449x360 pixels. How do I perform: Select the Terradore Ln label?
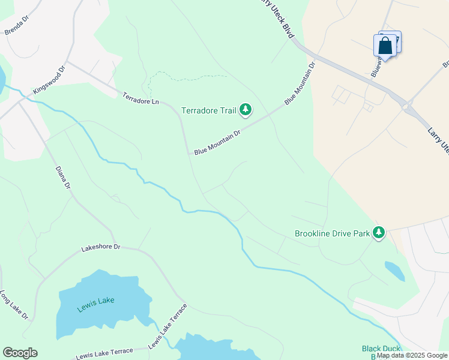140,98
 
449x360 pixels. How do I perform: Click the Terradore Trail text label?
209,110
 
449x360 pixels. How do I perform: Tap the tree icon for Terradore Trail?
245,109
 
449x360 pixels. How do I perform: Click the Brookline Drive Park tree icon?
378,232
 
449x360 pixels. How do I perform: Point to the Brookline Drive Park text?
332,233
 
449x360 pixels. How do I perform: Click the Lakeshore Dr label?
101,247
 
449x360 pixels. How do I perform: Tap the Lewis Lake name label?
95,304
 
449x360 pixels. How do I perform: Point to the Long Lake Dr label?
14,305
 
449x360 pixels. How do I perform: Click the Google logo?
20,353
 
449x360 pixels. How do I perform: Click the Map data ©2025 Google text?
412,356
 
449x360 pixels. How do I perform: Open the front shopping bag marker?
385,46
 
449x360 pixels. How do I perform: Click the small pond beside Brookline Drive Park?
394,271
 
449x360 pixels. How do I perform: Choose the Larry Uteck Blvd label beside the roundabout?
438,139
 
